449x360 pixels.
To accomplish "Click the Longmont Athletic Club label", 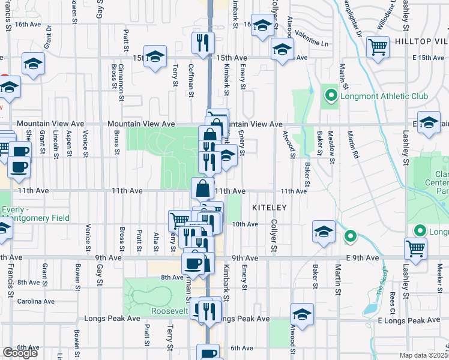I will point(374,96).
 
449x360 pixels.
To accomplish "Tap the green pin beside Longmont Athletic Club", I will point(330,95).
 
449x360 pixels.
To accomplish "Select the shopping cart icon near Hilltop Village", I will point(378,47).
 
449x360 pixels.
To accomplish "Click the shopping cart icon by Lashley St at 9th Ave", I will point(415,248).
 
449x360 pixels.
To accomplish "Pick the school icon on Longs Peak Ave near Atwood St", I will point(302,314).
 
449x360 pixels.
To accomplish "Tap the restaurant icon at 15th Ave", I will point(203,43).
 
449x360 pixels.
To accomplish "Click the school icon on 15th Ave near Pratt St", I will point(155,57).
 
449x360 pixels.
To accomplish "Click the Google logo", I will point(20,353).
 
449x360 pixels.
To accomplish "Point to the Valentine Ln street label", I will point(312,44).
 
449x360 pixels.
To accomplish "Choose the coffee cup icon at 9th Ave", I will point(193,263).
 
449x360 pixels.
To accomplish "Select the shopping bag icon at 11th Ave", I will point(203,188).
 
